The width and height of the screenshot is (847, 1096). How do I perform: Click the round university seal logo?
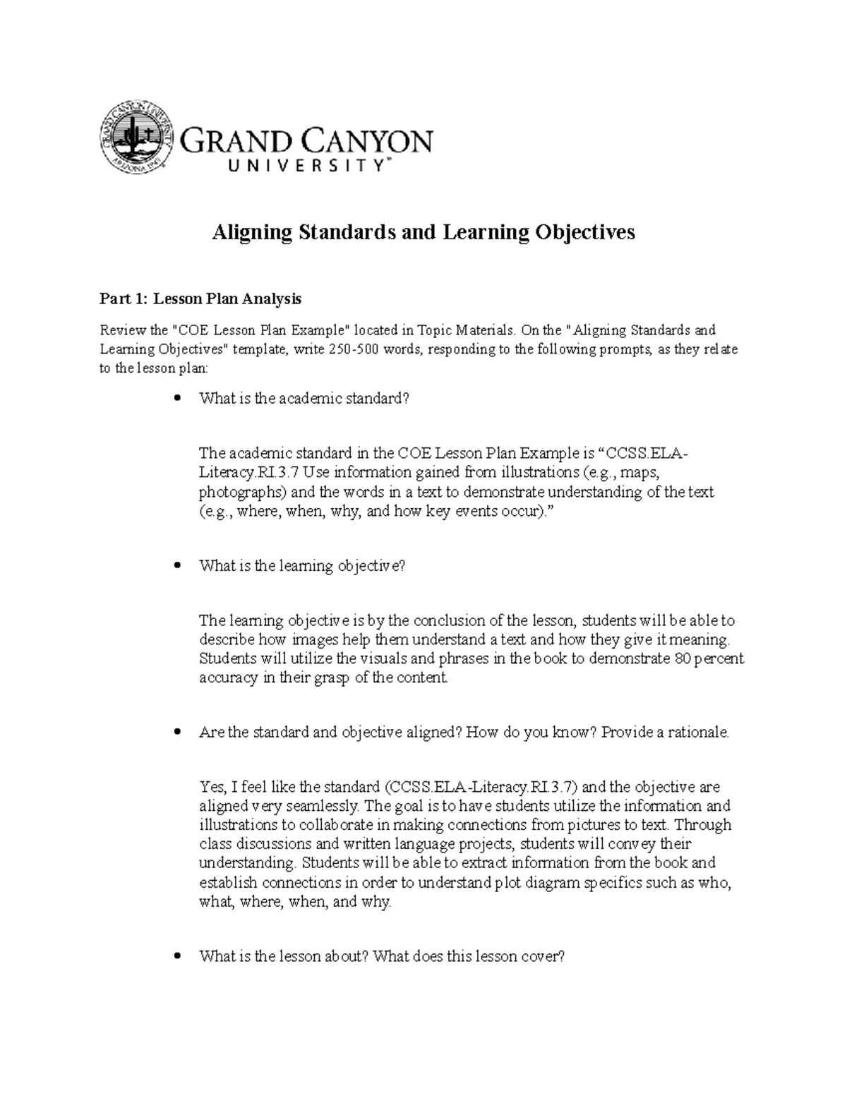pos(137,137)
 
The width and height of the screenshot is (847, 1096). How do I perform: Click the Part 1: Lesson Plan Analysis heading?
pos(200,299)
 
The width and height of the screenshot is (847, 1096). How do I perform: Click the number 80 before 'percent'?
pos(676,659)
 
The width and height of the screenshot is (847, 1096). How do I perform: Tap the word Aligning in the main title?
pos(252,232)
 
